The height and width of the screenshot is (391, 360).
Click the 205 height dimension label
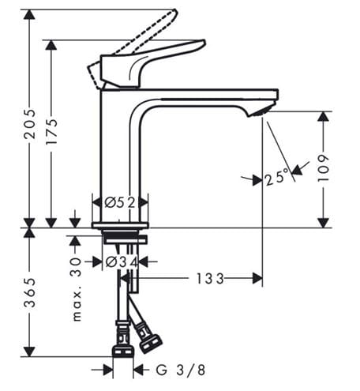[x=29, y=123]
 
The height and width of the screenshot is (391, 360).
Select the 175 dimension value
[x=51, y=131]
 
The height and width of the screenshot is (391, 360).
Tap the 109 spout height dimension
[x=324, y=168]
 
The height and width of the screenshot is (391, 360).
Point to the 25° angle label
[x=277, y=177]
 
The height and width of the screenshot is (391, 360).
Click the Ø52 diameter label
[x=120, y=202]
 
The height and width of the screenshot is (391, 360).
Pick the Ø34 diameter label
[x=122, y=262]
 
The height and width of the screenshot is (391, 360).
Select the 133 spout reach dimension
[x=210, y=279]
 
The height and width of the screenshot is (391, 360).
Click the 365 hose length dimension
[x=29, y=292]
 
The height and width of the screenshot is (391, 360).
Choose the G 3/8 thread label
[x=181, y=370]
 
